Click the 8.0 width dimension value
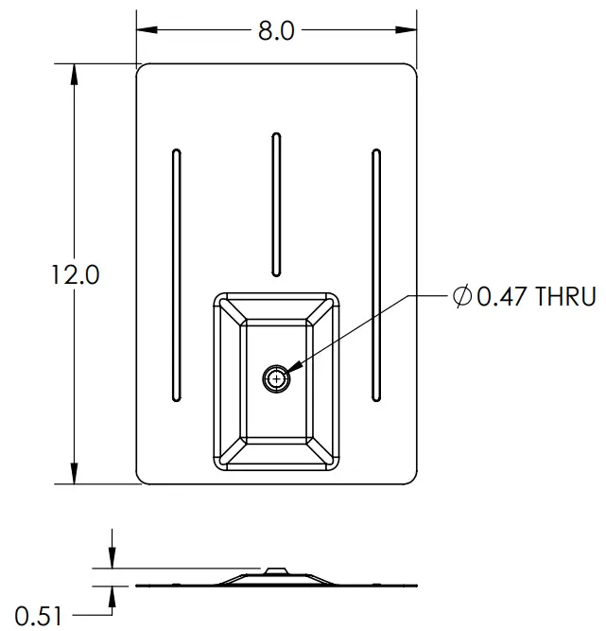pos(276,30)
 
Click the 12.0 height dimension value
pos(75,275)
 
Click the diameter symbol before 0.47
pos(460,297)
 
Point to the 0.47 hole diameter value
pos(497,297)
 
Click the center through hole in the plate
pos(276,378)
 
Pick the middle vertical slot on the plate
pos(276,204)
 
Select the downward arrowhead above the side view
pos(113,561)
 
